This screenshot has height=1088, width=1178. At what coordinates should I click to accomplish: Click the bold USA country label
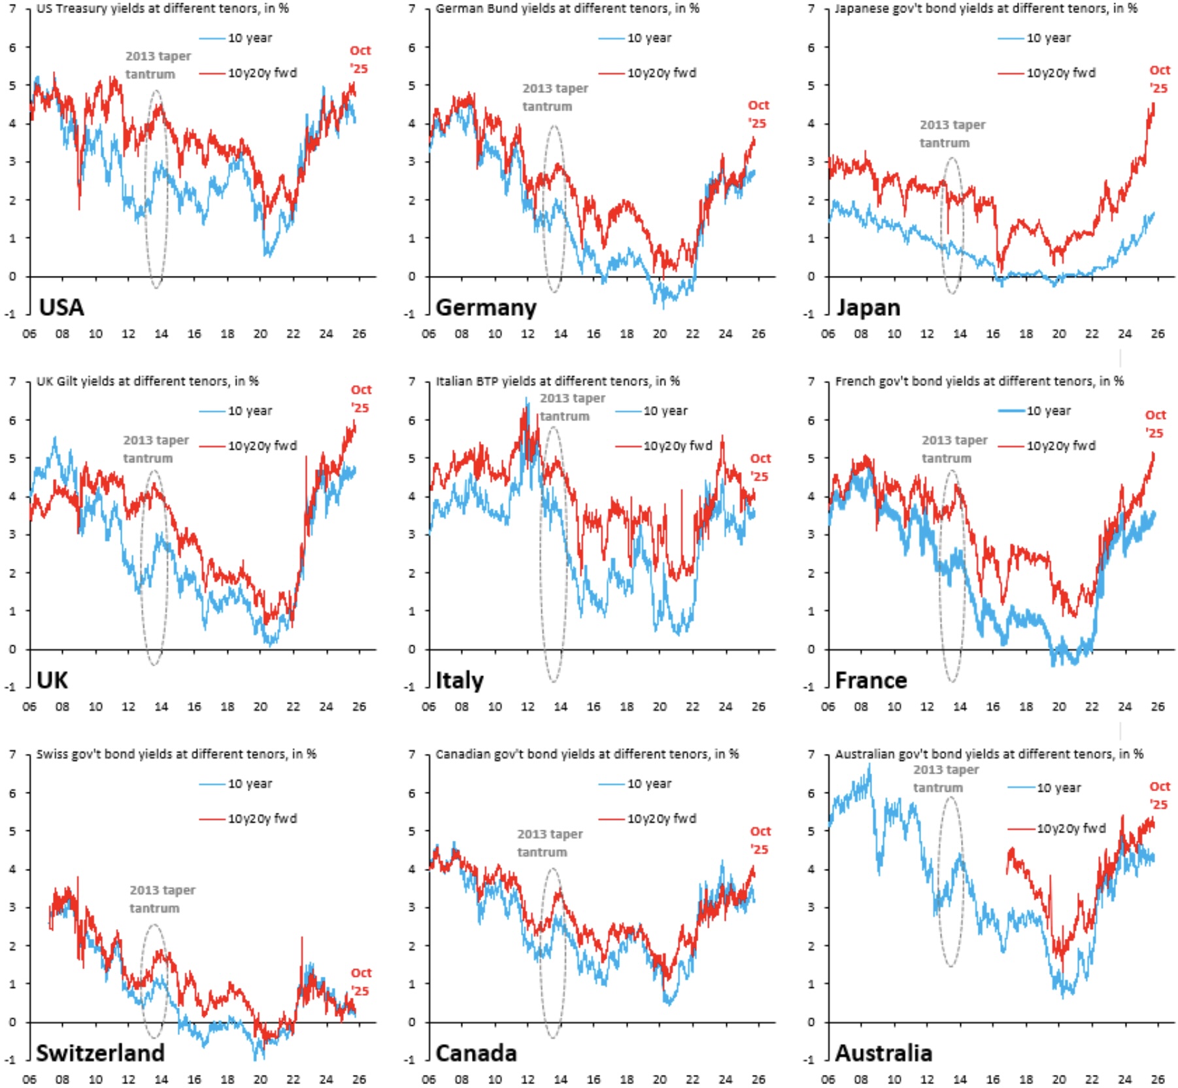pos(61,307)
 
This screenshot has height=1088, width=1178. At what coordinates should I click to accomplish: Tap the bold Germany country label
pos(486,307)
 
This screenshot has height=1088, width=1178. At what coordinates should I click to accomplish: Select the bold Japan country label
pos(868,307)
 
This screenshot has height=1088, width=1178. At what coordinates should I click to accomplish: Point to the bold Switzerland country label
pos(100,1053)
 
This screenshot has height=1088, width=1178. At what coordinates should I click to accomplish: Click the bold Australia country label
pos(883,1053)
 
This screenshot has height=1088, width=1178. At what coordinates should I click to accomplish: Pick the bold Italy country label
pos(460,680)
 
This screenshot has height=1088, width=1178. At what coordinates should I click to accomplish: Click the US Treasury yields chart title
pos(162,8)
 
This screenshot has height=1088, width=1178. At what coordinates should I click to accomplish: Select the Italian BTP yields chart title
pos(558,381)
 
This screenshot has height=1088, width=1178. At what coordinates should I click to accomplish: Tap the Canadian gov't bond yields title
pos(587,754)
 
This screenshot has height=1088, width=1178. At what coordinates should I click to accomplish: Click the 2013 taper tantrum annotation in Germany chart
pos(554,97)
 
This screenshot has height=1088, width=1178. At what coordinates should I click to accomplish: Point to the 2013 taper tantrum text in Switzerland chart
pos(162,899)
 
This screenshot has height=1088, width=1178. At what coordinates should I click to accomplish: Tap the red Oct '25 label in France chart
pos(1154,424)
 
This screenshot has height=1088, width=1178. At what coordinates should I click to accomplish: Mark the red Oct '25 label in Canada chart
pos(760,840)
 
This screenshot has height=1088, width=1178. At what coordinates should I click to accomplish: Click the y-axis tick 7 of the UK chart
pos(12,381)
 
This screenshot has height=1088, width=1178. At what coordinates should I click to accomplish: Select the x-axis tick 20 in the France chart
pos(1059,707)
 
